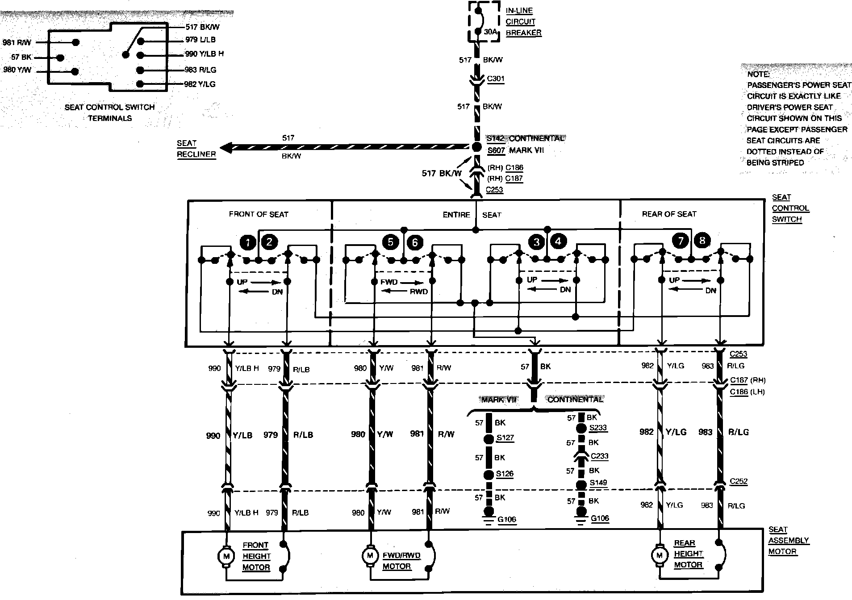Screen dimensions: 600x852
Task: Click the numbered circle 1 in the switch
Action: pyautogui.click(x=247, y=242)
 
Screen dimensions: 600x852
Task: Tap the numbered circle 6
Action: pyautogui.click(x=415, y=242)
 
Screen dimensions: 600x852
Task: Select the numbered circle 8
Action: pyautogui.click(x=702, y=241)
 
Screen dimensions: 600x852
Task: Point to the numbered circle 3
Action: pyautogui.click(x=537, y=242)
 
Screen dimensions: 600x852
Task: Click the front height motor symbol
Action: pyautogui.click(x=226, y=556)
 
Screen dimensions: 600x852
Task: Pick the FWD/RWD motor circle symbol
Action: pyautogui.click(x=370, y=556)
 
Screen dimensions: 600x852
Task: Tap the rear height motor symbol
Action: pyautogui.click(x=659, y=555)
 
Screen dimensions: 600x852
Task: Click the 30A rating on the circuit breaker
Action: pyautogui.click(x=490, y=32)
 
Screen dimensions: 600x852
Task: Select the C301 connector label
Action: pyautogui.click(x=495, y=79)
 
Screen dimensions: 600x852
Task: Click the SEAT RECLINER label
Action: pyautogui.click(x=196, y=149)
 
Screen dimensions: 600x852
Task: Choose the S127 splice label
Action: pyautogui.click(x=505, y=437)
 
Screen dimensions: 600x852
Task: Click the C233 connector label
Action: pyautogui.click(x=599, y=456)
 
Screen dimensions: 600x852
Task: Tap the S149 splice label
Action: pyautogui.click(x=598, y=483)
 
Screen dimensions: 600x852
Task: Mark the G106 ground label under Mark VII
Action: pyautogui.click(x=507, y=520)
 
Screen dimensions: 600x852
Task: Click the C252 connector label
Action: pyautogui.click(x=738, y=481)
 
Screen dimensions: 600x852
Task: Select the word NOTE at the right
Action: pyautogui.click(x=758, y=74)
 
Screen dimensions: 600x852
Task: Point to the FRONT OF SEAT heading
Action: pyautogui.click(x=259, y=214)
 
